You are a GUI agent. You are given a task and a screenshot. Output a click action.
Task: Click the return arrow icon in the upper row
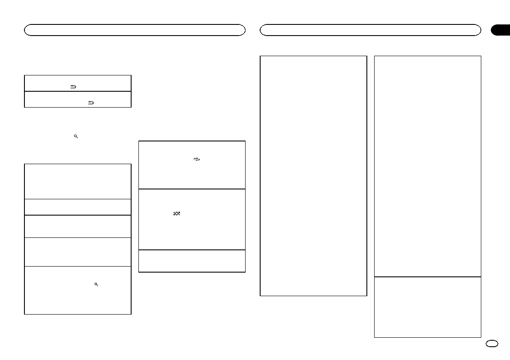73,87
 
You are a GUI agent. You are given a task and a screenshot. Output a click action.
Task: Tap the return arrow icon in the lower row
90,103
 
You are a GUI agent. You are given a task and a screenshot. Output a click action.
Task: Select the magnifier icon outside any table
75,136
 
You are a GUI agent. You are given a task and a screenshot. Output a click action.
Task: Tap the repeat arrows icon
197,159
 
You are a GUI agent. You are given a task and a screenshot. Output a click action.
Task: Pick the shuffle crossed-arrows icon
177,213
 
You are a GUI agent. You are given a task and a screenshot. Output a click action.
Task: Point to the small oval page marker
492,343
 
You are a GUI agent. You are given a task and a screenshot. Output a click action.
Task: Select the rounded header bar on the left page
135,30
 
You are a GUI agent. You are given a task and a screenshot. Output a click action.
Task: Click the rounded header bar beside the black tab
370,30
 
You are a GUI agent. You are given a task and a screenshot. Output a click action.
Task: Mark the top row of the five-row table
78,181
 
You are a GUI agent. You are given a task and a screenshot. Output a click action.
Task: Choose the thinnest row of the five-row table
78,207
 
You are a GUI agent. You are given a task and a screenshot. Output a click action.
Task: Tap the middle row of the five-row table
78,226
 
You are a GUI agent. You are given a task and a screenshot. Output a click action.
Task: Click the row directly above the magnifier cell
78,252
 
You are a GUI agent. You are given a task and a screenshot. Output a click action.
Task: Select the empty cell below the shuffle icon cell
192,261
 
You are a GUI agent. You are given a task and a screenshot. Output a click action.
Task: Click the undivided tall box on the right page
313,176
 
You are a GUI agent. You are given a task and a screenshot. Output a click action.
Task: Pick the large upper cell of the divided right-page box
427,166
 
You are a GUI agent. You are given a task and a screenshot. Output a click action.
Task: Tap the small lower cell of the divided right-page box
427,307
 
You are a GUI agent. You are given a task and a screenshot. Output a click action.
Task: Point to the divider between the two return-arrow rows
78,91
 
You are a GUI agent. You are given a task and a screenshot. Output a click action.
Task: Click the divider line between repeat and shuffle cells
192,189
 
